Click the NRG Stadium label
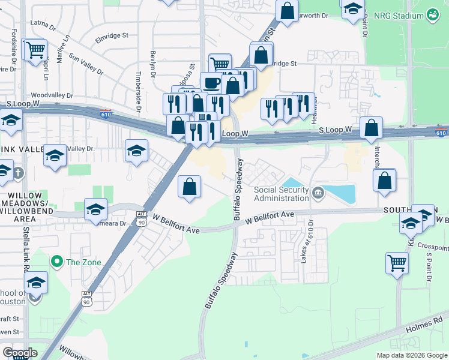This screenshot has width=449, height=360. point(399,15)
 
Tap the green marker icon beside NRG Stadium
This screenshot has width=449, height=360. point(432,15)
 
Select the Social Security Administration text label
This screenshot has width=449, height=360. point(282,194)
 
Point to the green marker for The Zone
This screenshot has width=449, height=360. point(57,262)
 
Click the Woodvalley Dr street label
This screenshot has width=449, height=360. point(52,95)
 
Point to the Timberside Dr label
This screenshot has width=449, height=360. point(138,90)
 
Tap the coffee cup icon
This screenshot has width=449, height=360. point(211,83)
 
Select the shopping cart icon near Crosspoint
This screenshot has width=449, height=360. point(397,262)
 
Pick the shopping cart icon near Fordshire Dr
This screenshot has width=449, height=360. point(35,49)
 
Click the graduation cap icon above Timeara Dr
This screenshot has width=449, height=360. point(95,209)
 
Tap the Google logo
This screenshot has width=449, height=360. point(20,353)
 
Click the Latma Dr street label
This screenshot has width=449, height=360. point(43,27)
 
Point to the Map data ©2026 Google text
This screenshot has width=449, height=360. point(411,355)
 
